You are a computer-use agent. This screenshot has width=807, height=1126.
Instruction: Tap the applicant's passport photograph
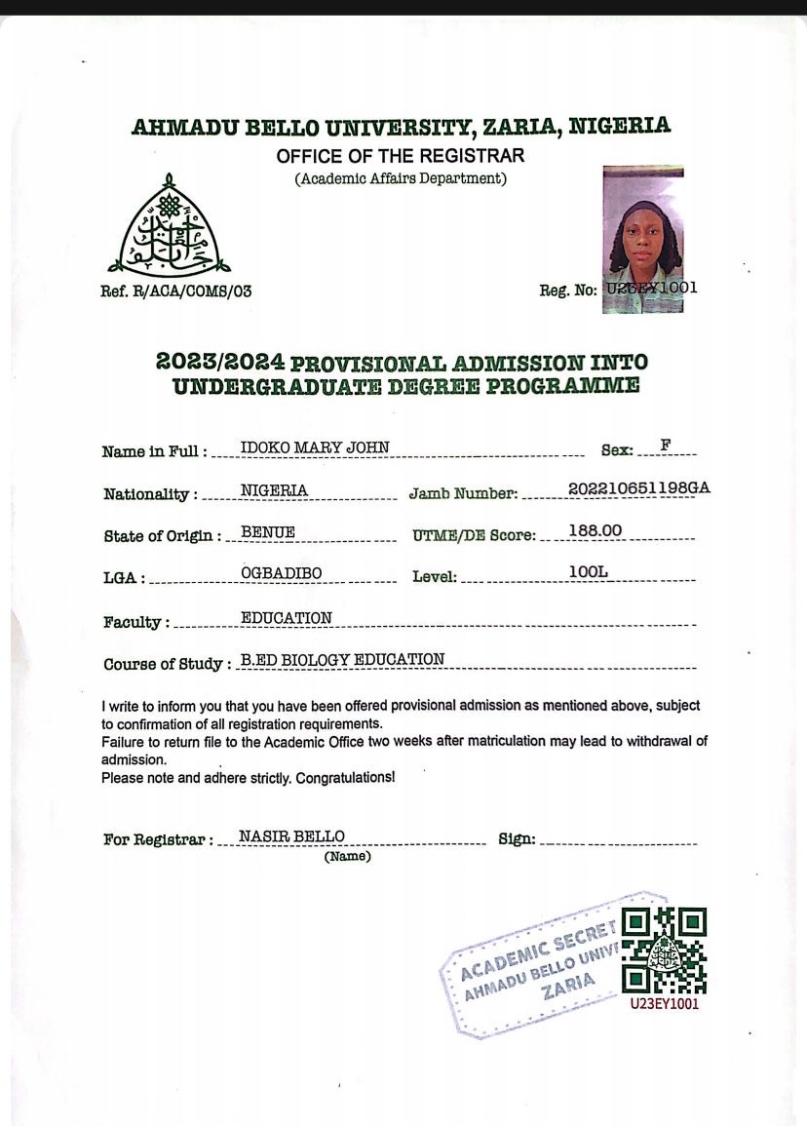[x=643, y=239]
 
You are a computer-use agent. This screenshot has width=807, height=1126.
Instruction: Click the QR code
[x=664, y=950]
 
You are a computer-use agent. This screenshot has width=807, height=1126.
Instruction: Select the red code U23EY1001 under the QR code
[x=664, y=1003]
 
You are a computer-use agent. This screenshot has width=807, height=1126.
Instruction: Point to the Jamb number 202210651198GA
[x=638, y=488]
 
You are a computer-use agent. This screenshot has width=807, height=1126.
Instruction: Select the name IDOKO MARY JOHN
[x=315, y=447]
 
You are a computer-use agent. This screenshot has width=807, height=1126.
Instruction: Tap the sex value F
[x=666, y=446]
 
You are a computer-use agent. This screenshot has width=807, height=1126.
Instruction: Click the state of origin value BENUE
[x=268, y=532]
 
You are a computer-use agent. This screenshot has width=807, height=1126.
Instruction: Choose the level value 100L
[x=588, y=571]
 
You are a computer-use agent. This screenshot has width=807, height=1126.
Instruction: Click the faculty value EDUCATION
[x=287, y=617]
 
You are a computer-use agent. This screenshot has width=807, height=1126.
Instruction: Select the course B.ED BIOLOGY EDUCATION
[x=342, y=659]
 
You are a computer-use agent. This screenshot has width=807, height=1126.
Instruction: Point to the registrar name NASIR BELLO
[x=291, y=835]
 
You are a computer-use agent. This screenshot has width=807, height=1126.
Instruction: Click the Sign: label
[x=517, y=839]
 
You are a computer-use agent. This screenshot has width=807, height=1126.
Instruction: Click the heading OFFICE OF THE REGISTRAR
[x=400, y=156]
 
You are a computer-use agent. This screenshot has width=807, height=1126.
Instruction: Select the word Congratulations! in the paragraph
[x=345, y=778]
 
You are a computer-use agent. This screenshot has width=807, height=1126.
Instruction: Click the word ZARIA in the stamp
[x=569, y=986]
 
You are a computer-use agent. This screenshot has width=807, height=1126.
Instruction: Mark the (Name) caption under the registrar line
[x=347, y=857]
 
